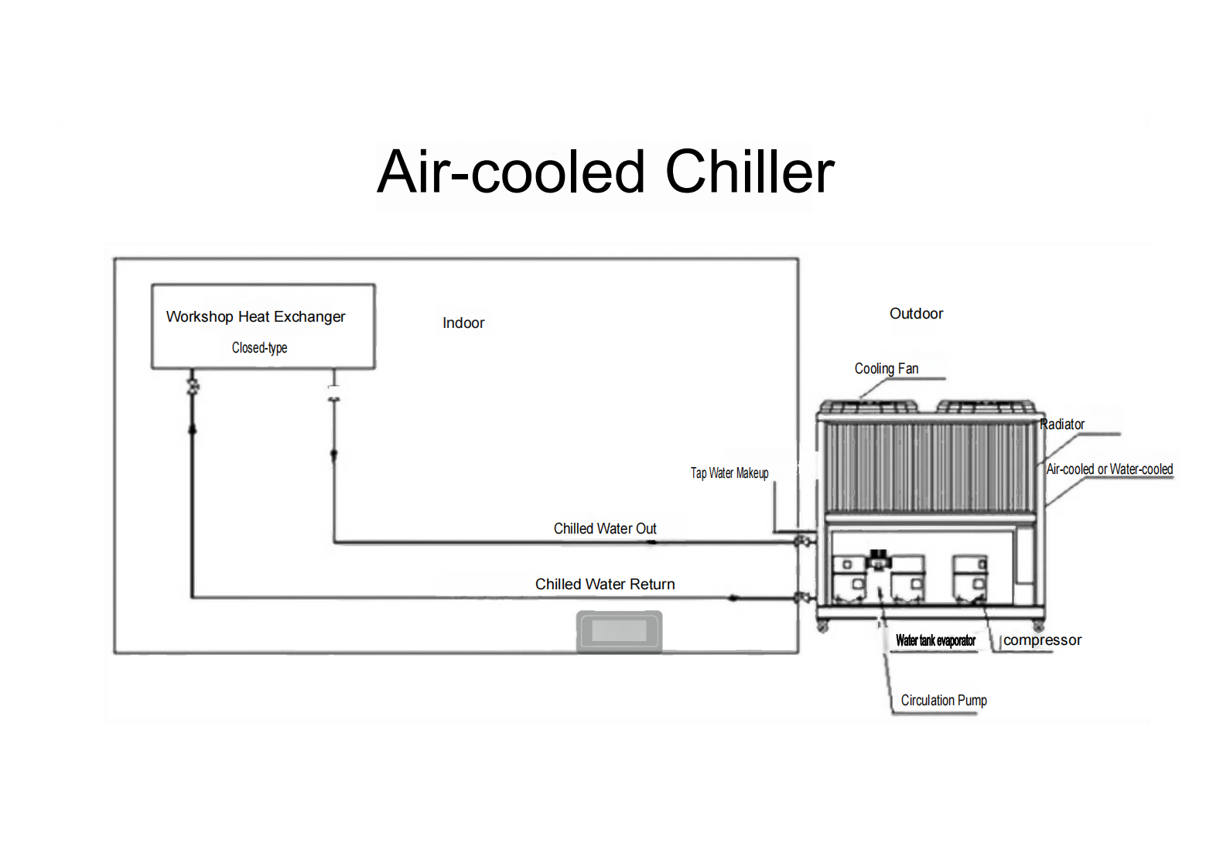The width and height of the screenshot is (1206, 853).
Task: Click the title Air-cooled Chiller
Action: point(605,172)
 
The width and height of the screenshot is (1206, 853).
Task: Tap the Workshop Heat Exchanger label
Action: point(255,317)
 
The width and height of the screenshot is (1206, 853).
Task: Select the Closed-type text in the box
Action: point(259,348)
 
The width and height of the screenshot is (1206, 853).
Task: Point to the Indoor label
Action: point(463,323)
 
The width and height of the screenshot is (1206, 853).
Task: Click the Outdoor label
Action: point(916,314)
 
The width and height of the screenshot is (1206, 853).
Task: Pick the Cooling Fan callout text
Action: point(887,369)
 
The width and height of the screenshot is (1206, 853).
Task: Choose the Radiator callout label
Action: point(1062,425)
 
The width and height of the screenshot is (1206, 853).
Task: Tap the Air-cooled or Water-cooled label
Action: point(1109,469)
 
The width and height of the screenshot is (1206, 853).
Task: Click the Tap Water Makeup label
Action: point(729,473)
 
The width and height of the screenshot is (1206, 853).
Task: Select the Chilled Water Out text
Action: point(605,529)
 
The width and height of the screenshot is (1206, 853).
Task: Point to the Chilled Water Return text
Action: point(605,585)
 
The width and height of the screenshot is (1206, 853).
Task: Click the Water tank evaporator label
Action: point(935,641)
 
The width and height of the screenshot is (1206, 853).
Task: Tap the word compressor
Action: point(1042,640)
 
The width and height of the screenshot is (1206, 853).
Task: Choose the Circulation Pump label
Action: point(944,701)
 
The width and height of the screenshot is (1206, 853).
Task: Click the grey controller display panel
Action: point(620,631)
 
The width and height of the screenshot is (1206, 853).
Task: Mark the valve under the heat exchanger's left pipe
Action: point(193,385)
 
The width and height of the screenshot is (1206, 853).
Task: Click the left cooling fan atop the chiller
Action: point(868,406)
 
